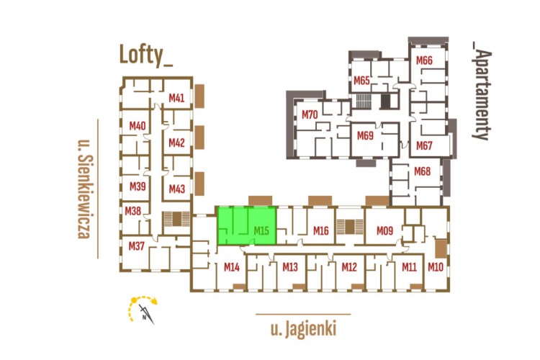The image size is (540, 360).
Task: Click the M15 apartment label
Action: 261,231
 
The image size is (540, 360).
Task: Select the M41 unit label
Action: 176,98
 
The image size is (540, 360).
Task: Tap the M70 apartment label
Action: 310,114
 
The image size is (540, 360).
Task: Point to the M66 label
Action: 424,60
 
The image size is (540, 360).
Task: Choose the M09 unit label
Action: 384,231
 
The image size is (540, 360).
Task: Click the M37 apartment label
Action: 137,246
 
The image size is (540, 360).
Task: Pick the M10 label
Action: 436,267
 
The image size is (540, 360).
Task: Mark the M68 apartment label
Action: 422,171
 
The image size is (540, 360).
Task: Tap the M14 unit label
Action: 231,267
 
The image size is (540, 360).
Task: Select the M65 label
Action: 361,80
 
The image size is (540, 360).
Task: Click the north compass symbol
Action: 142,309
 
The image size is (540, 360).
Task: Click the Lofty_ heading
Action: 146,55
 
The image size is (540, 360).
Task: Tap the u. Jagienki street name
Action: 303,330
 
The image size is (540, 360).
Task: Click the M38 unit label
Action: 132,211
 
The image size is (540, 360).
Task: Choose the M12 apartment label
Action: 349,267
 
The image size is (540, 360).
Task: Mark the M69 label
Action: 365,135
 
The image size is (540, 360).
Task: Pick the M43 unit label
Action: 176,189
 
